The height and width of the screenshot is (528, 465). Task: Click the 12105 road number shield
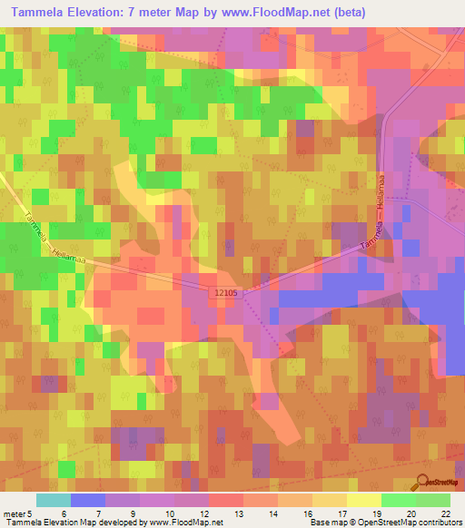[x=227, y=293]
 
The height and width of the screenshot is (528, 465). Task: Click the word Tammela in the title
[x=35, y=12]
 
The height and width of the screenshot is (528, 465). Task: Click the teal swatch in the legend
[x=53, y=500]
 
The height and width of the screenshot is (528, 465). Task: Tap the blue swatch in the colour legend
[x=87, y=500]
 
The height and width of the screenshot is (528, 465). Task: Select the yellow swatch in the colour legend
[x=363, y=500]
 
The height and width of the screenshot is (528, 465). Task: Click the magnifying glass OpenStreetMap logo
[x=423, y=483]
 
